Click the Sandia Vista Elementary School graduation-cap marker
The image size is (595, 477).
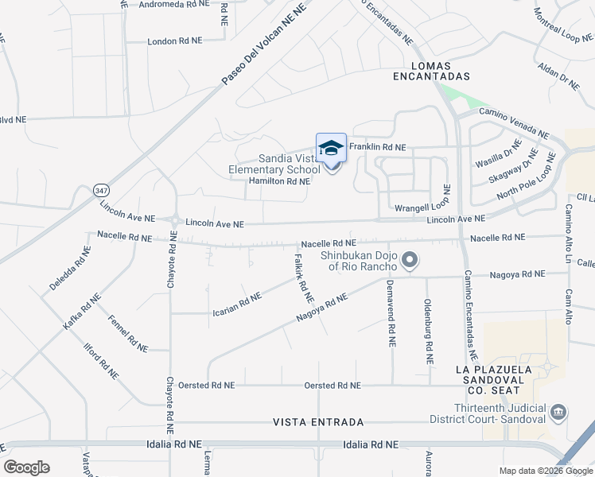pos(332,149)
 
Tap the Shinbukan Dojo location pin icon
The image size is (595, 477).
pos(410,259)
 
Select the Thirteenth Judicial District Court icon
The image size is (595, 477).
pos(559,412)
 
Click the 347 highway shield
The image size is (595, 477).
pos(101,191)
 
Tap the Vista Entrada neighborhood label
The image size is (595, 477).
pos(318,421)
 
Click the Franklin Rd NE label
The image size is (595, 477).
pos(378,147)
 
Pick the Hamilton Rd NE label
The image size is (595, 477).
pos(278,181)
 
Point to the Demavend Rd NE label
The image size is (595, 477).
pos(391,313)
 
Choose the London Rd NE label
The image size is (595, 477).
pos(175,41)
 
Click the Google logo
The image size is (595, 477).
pos(26,467)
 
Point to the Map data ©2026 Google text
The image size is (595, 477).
pos(545,470)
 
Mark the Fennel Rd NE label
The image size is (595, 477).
pos(128,334)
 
